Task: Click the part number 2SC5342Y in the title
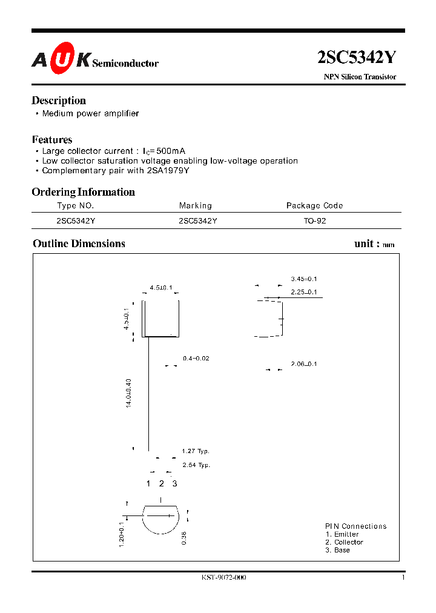357,58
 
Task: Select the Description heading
59,101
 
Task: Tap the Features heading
52,139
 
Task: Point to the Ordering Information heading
84,192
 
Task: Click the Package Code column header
314,206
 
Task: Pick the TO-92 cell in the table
315,221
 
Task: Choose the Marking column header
196,206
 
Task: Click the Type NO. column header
75,206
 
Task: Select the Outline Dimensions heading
79,244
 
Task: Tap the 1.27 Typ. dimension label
196,451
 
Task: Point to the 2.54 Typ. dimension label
196,465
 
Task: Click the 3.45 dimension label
304,279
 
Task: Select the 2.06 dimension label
304,364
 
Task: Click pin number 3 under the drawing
174,483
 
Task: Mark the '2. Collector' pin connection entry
344,542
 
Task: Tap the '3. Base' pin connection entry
337,550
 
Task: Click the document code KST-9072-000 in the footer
223,578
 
